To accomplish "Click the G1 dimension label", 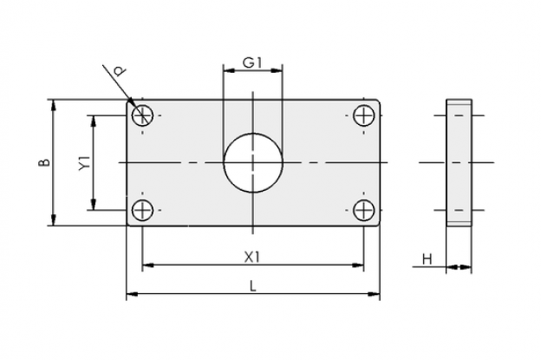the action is tap(252, 62).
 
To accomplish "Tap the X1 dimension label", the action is tap(252, 257).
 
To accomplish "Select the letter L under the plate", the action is tap(253, 286).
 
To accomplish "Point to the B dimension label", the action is tap(44, 162).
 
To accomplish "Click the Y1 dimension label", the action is tap(85, 162).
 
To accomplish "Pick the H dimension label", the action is tap(427, 259).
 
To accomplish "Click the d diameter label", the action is tap(120, 72).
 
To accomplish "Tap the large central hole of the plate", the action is tap(253, 162).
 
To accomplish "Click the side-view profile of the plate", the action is tap(459, 162).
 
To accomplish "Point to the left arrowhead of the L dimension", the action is tap(132, 294).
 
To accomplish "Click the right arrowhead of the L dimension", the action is tap(374, 294).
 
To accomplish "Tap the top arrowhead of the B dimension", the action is tap(53, 105).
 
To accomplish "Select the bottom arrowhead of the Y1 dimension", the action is tap(93, 204).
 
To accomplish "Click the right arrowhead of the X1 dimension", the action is tap(358, 265).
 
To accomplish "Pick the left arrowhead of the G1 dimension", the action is tap(229, 70).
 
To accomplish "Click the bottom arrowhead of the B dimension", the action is tap(53, 219).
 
